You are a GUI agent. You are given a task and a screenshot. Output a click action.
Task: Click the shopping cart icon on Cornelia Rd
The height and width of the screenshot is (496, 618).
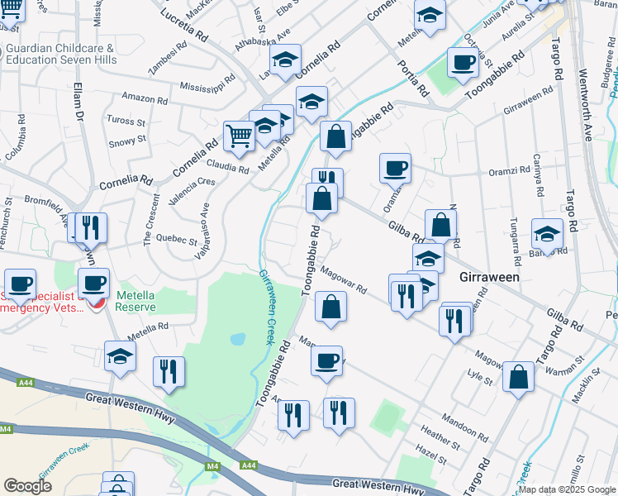(239, 135)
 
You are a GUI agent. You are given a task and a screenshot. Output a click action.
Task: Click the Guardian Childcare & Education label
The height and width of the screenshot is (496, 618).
(59, 54)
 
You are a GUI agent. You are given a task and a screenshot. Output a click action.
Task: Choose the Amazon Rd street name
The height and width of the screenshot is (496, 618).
(145, 98)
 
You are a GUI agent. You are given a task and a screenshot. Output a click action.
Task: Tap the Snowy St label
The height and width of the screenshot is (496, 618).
(127, 141)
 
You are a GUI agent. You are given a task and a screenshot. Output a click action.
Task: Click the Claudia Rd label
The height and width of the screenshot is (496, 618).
(228, 169)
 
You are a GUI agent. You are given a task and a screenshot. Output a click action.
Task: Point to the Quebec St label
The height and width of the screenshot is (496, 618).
(176, 242)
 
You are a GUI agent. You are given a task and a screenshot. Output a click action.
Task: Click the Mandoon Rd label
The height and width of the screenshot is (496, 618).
(465, 431)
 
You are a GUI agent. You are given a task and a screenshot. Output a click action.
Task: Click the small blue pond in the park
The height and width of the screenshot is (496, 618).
(238, 339)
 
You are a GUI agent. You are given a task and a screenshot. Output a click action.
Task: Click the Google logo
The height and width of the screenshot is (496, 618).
(27, 486)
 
